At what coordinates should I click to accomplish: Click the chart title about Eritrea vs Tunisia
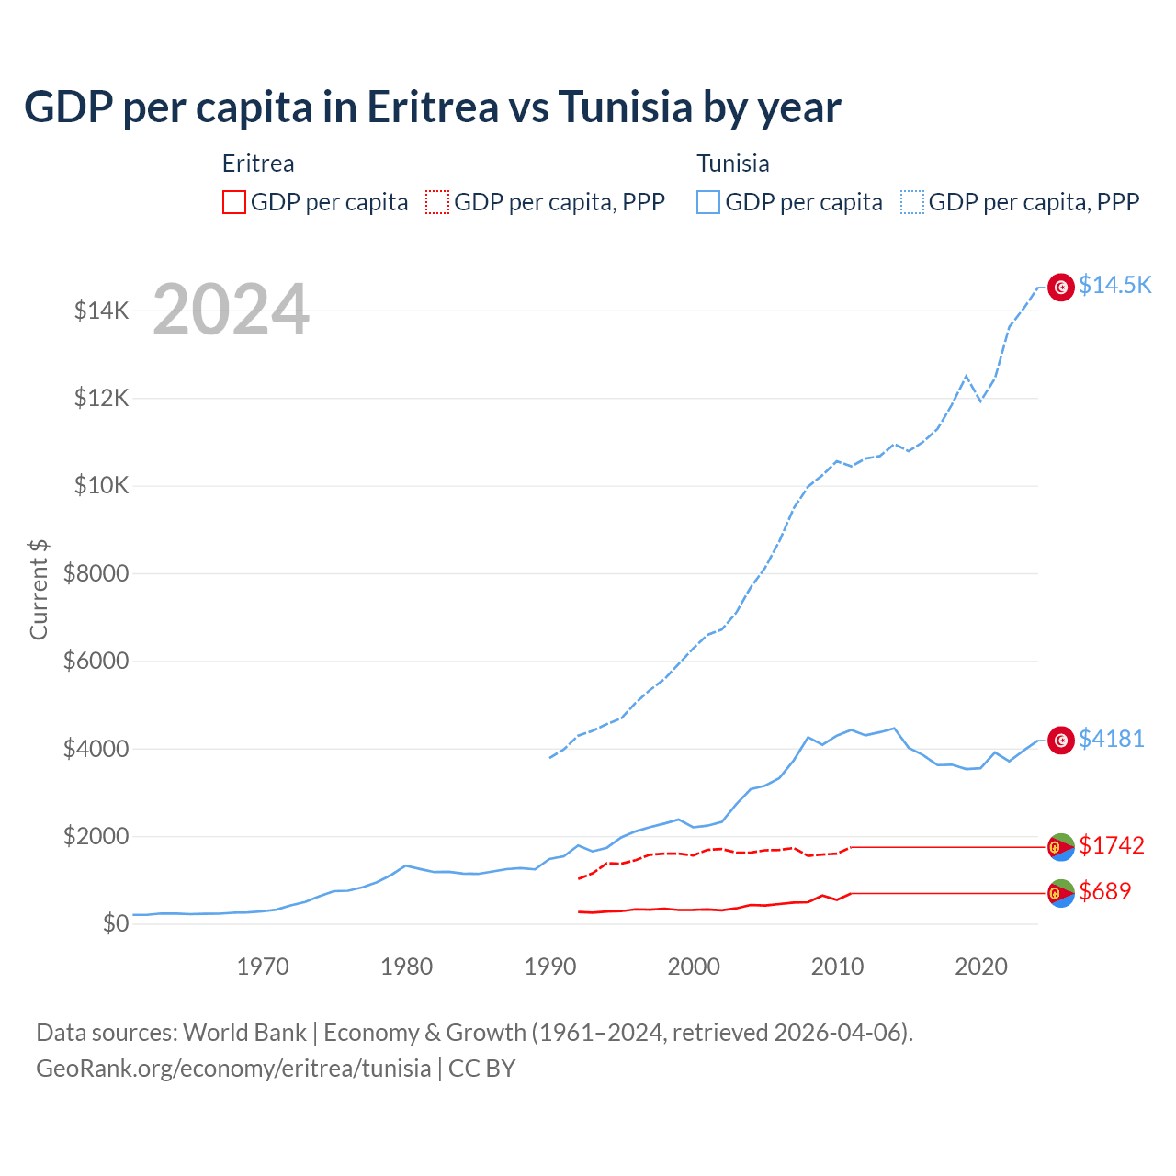click(432, 107)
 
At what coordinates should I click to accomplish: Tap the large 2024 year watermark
click(231, 311)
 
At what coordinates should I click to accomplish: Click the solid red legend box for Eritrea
click(234, 202)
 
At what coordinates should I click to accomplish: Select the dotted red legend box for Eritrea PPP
click(437, 202)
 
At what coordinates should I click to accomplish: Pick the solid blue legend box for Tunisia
click(708, 202)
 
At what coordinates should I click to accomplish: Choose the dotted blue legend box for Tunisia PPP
click(912, 202)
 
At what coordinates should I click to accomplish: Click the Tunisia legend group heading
click(732, 164)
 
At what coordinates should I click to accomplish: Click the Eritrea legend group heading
click(258, 164)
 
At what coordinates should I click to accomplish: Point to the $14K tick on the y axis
click(101, 311)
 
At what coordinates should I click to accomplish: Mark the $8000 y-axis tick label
click(96, 573)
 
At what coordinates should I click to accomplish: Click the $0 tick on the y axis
click(115, 923)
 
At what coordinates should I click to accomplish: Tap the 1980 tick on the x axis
click(406, 967)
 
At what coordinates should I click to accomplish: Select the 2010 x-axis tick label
click(837, 967)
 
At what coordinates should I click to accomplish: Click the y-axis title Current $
click(39, 590)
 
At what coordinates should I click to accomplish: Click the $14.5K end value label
click(1114, 285)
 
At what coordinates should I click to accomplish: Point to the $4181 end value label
click(1112, 739)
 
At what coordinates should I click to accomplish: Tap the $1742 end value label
click(1112, 845)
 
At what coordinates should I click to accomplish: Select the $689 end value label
click(1105, 891)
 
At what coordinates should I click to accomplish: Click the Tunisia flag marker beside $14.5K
click(1061, 288)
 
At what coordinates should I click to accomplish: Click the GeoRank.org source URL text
click(233, 1069)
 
